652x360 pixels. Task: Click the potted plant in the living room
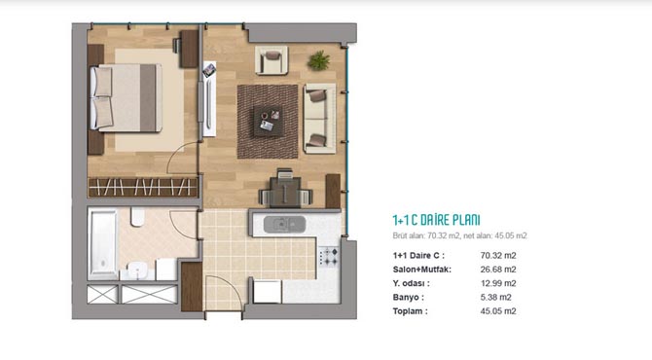319,60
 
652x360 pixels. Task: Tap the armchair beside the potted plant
272,60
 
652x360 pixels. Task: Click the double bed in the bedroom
126,98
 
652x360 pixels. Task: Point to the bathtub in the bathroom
102,244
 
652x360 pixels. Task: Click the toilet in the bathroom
137,217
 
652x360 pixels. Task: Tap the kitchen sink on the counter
284,225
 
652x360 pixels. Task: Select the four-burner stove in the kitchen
329,256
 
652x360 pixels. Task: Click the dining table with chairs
285,190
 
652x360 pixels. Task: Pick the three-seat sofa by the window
319,119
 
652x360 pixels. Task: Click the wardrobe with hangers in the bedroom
143,187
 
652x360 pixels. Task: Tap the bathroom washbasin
137,270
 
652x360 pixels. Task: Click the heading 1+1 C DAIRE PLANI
436,220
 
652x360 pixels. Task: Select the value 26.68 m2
498,270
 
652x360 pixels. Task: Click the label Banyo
409,297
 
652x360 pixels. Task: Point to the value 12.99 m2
498,283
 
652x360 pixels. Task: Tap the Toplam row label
410,311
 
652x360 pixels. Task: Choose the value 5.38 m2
495,297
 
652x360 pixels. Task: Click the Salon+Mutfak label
422,270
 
